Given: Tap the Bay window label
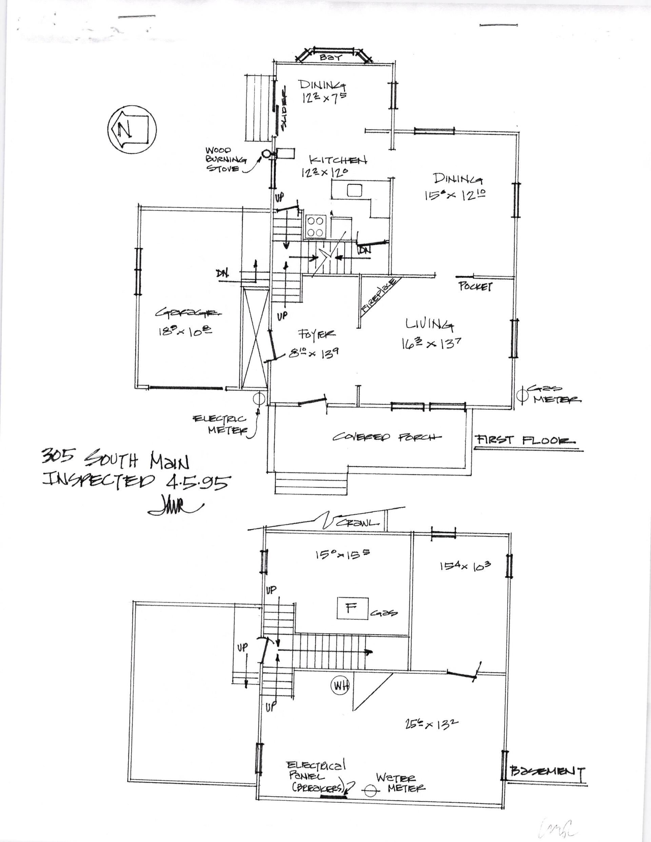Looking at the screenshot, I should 332,58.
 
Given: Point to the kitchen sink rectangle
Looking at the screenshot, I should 354,190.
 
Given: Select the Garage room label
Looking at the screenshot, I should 189,313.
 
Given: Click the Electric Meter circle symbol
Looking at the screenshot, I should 259,399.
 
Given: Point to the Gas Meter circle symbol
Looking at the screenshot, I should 522,395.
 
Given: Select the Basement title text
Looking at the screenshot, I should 547,771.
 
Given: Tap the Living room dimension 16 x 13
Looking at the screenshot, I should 431,343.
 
